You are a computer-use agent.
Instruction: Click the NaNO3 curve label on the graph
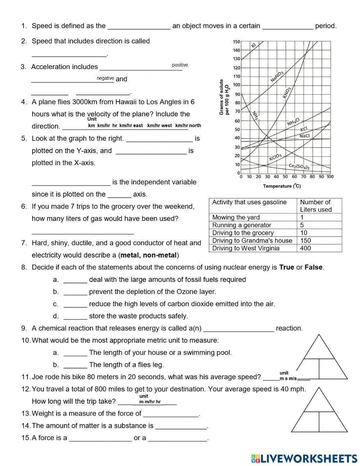point(277,77)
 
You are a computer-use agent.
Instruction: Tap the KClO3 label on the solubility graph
point(275,157)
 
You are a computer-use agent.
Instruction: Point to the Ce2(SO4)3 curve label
point(299,167)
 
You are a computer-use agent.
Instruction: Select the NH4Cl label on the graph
point(293,122)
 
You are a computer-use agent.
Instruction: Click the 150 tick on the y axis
point(236,42)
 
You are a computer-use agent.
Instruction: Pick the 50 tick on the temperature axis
point(285,177)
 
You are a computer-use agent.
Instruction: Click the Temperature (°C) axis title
point(282,186)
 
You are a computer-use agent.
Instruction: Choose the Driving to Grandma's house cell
point(252,241)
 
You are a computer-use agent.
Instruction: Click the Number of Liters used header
point(315,206)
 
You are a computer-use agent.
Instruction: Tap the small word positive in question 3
point(180,65)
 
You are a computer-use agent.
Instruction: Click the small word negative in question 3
point(105,78)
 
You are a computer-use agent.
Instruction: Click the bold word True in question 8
point(287,268)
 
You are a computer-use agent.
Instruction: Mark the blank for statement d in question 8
point(75,317)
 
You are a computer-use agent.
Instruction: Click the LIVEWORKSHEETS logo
point(304,458)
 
